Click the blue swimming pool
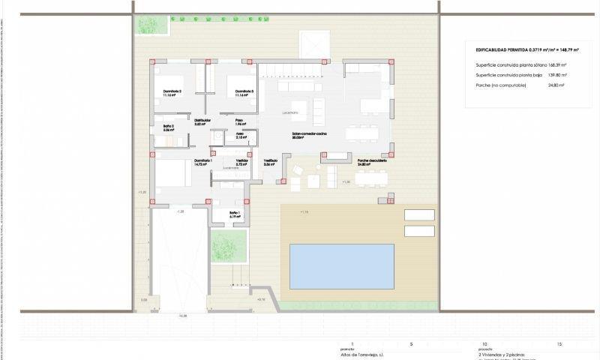coord(342,266)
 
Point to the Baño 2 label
coord(168,127)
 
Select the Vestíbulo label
coord(270,161)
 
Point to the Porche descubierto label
coord(372,161)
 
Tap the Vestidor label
coord(241,161)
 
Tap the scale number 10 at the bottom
coord(484,343)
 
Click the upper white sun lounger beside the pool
coord(419,214)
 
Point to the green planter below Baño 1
coord(229,244)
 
